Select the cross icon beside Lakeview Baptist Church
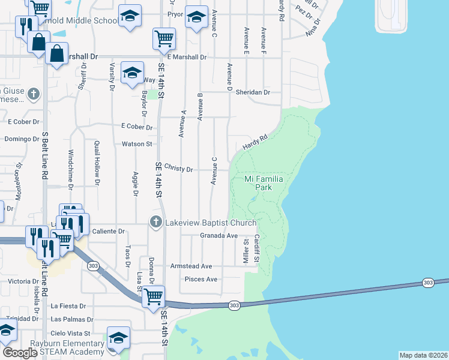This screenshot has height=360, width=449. point(156,223)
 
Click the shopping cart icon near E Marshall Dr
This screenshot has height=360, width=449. point(164,39)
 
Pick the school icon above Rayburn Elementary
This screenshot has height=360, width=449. point(118,337)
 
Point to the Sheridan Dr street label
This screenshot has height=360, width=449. point(253,92)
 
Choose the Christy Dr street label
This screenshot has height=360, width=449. point(178,170)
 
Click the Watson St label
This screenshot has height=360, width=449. point(137,144)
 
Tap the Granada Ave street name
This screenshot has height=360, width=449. point(219,236)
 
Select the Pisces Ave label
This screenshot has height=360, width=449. point(203,280)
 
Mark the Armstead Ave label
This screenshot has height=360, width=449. point(191,266)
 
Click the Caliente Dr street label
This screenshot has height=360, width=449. point(109,231)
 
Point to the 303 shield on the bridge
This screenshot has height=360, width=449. point(428,283)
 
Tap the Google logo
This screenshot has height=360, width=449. point(20,353)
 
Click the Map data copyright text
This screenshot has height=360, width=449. point(423,355)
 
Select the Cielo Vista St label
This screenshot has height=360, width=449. point(70,333)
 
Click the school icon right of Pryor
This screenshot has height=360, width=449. point(196,19)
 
